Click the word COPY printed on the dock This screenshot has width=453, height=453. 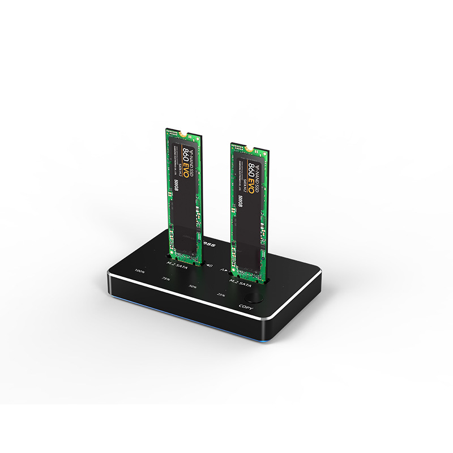click(246, 307)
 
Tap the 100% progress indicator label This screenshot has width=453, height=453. click(139, 271)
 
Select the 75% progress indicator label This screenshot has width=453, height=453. click(165, 279)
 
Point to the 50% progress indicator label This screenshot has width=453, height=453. click(193, 286)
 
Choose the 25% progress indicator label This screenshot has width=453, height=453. click(220, 294)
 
